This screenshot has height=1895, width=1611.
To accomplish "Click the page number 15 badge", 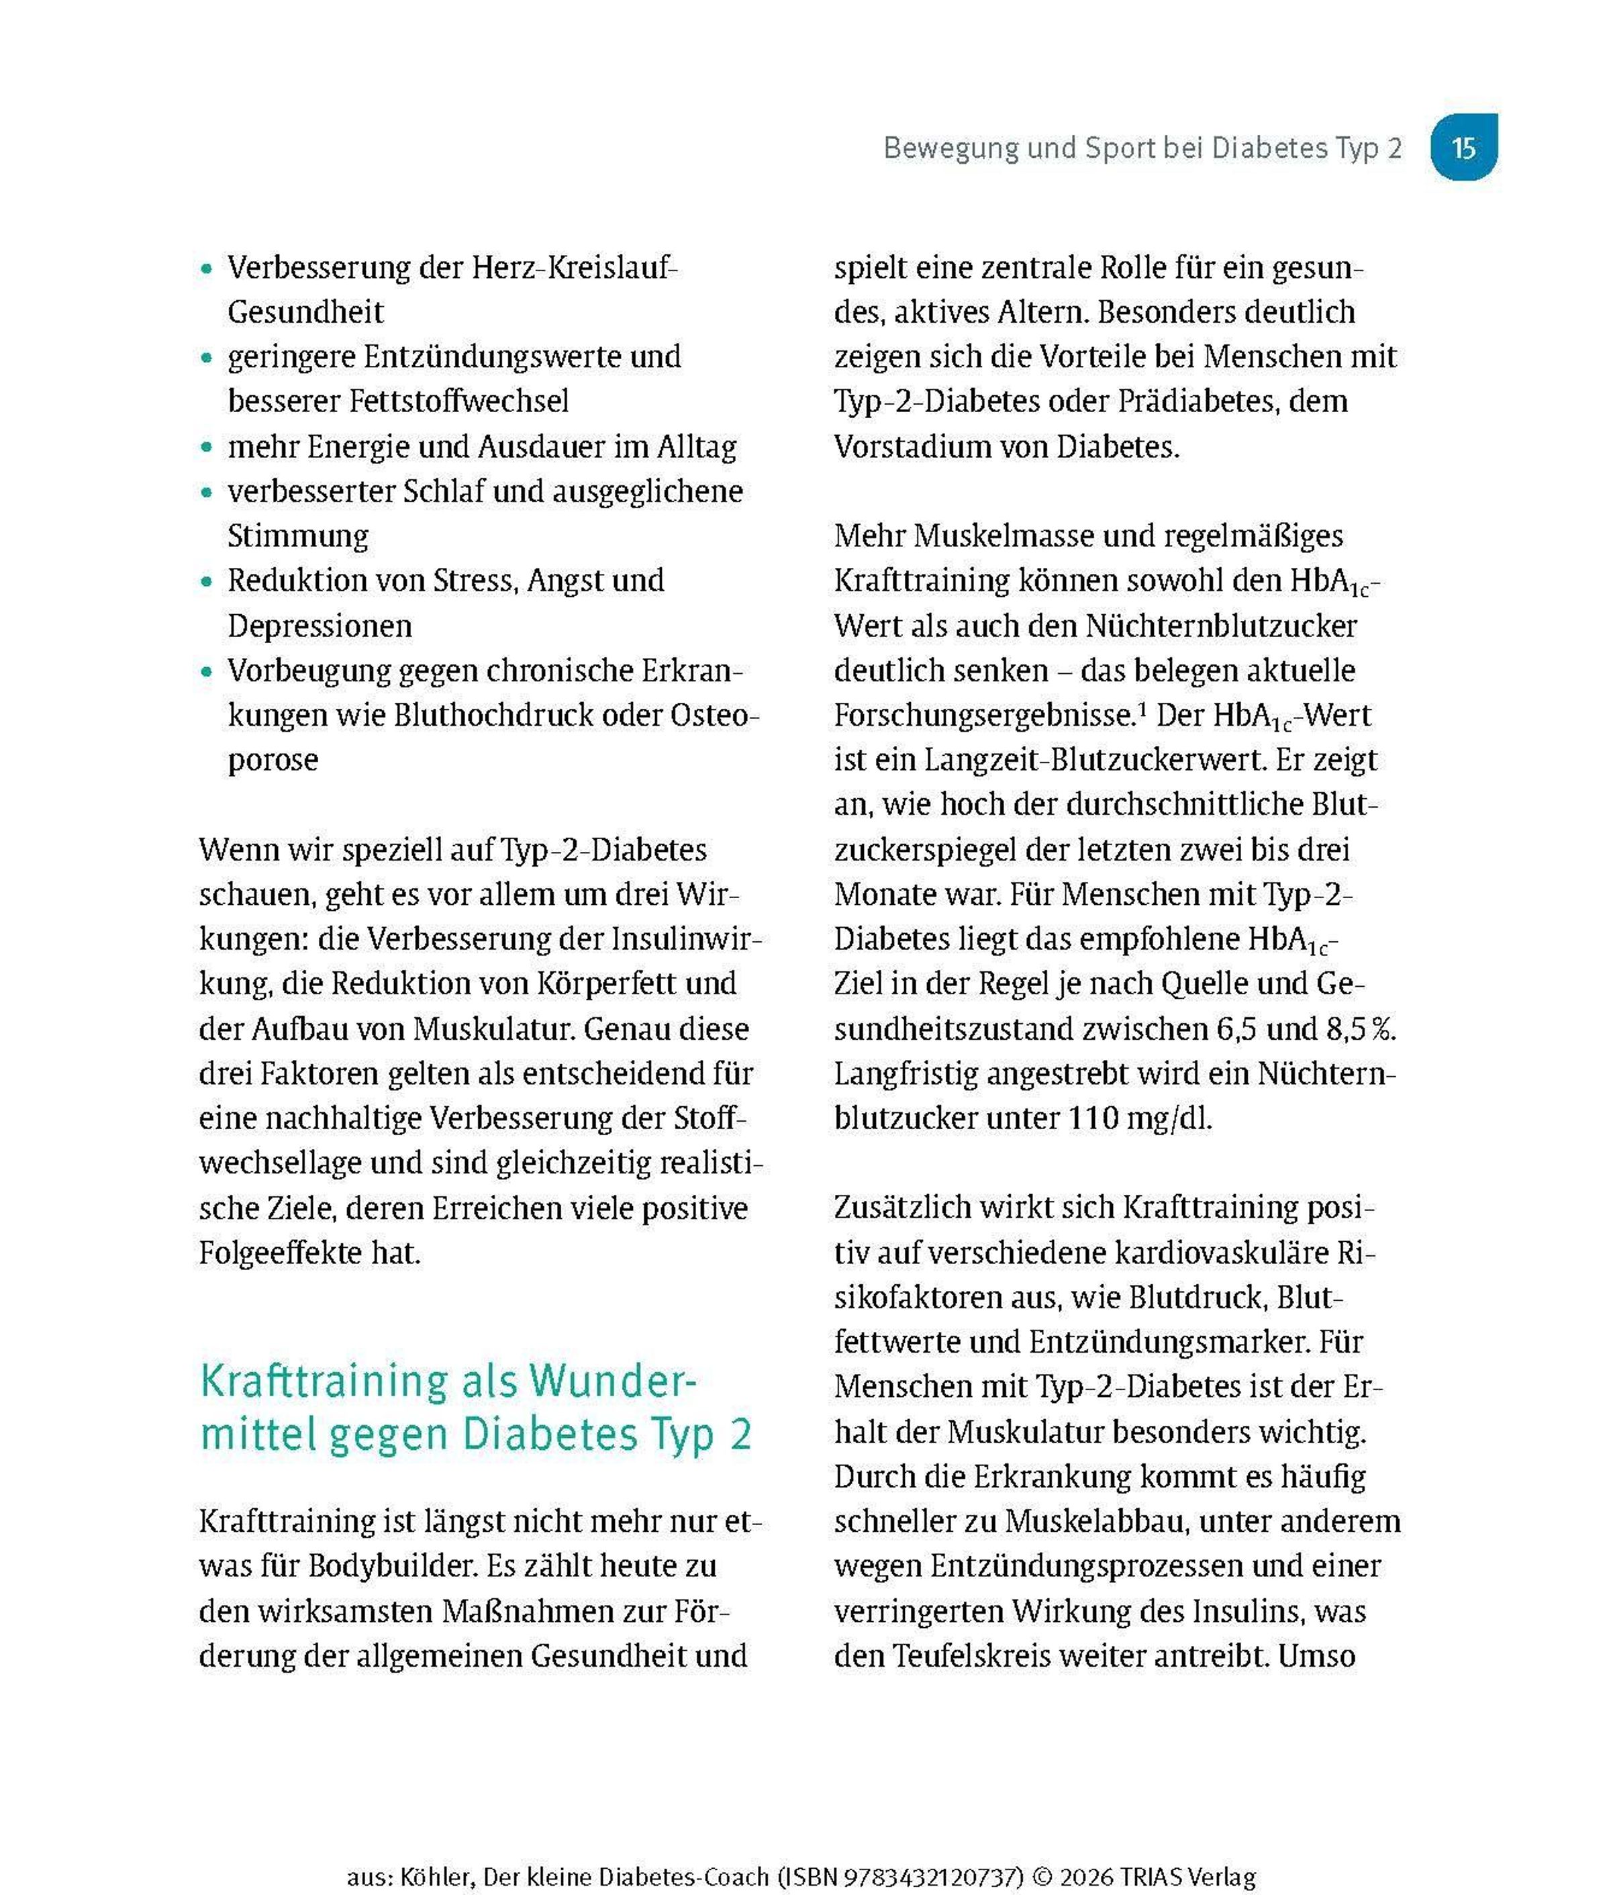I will click(1463, 147).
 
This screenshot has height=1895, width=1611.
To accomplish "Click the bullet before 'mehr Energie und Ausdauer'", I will click(207, 448).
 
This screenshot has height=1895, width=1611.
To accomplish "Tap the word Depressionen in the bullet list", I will click(320, 626).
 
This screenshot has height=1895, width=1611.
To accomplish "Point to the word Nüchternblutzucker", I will click(1221, 626).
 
